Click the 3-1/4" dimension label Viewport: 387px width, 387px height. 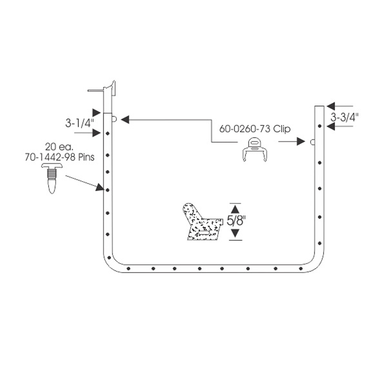79,123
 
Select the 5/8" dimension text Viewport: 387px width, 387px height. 236,221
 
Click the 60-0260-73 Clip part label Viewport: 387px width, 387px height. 255,129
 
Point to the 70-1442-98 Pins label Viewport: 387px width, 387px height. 60,157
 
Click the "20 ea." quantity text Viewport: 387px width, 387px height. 59,147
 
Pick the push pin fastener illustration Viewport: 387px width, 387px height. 52,178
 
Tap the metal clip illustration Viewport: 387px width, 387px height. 255,149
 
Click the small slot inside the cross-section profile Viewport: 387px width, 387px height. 204,232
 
